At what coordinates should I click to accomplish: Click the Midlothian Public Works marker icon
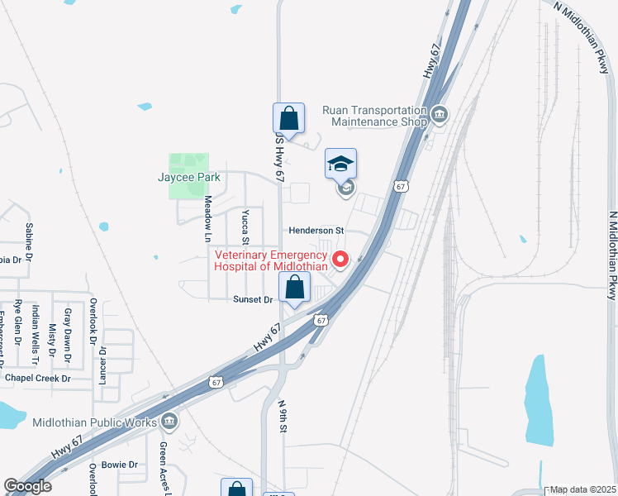pyautogui.click(x=169, y=422)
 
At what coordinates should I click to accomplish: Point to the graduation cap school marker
pyautogui.click(x=340, y=164)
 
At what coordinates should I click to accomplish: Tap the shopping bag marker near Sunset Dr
pyautogui.click(x=294, y=289)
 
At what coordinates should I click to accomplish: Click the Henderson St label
pyautogui.click(x=316, y=231)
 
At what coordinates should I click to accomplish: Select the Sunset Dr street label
pyautogui.click(x=253, y=299)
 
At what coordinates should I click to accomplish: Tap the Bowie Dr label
pyautogui.click(x=120, y=465)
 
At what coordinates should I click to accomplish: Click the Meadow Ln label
pyautogui.click(x=209, y=212)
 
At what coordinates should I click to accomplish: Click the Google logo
pyautogui.click(x=28, y=486)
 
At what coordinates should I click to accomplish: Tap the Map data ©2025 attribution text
pyautogui.click(x=582, y=489)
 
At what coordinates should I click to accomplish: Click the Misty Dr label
pyautogui.click(x=51, y=341)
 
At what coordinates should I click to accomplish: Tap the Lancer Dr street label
pyautogui.click(x=103, y=364)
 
